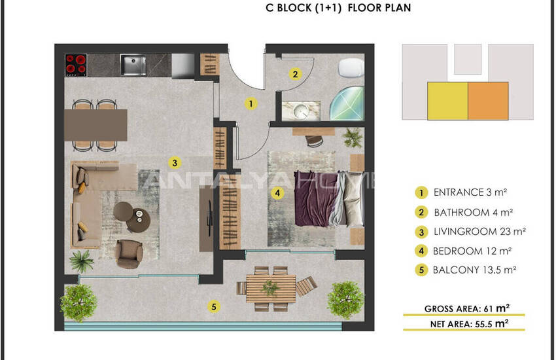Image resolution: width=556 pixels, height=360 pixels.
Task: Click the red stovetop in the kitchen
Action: (x=76, y=65)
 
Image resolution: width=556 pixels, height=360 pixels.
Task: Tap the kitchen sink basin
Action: (x=133, y=65)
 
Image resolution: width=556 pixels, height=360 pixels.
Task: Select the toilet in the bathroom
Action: (x=351, y=67)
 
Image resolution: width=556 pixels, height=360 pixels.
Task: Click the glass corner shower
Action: (x=347, y=103)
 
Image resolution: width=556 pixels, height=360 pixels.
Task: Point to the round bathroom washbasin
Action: (x=302, y=111)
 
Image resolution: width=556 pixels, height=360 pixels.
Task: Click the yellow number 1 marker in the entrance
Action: (x=251, y=103)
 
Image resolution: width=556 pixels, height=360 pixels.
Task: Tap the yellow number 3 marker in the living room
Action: (x=175, y=163)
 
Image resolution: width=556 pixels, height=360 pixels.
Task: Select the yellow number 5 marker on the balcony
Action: (x=213, y=306)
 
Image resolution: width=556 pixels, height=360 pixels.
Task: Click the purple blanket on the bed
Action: (x=315, y=198)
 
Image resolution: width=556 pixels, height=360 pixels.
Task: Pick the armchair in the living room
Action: (x=129, y=253)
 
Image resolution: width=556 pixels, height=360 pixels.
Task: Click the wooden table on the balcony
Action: (x=271, y=289)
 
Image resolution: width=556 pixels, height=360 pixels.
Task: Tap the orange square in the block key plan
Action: (x=488, y=101)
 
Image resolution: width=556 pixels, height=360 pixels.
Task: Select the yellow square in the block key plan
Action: (x=447, y=101)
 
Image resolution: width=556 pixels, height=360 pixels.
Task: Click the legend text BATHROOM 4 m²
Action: (x=473, y=213)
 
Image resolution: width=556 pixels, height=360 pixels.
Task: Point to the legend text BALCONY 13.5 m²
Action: (x=474, y=270)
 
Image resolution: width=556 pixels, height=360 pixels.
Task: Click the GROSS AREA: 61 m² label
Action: (x=466, y=308)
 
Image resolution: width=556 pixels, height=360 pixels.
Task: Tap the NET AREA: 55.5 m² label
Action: (x=469, y=324)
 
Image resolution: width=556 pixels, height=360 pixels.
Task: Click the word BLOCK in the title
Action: (x=294, y=8)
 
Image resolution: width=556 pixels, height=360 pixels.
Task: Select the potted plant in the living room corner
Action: (x=82, y=262)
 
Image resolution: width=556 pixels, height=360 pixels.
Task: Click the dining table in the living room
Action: (x=96, y=125)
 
